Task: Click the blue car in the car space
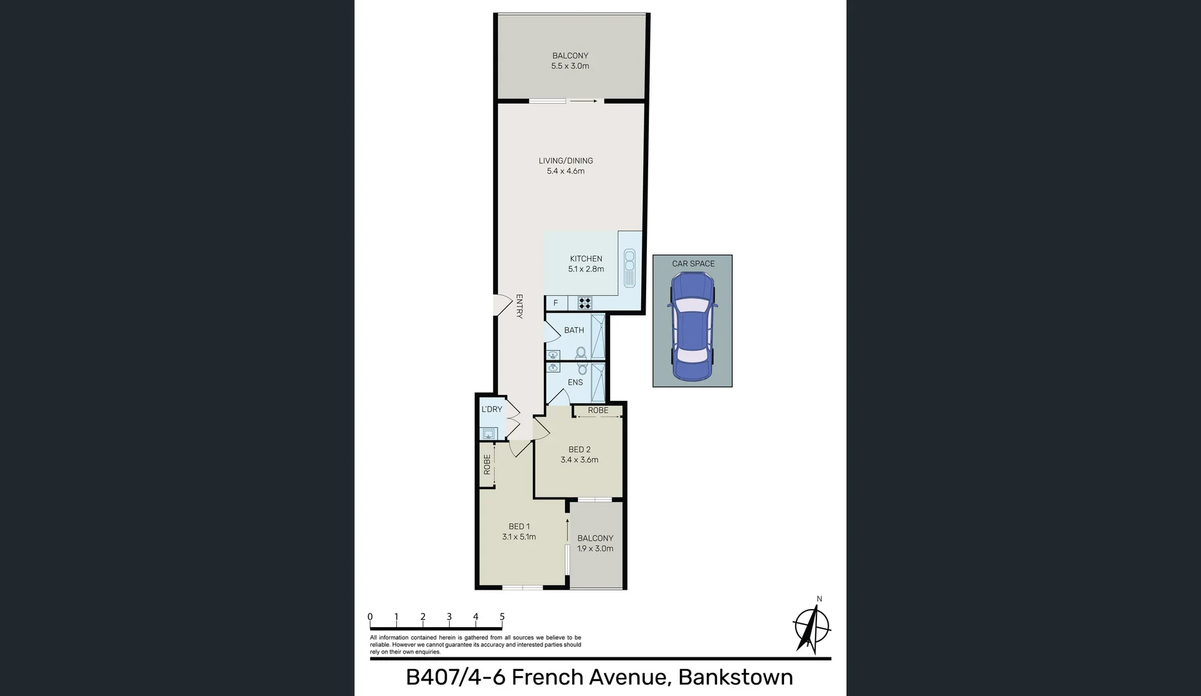[692, 326]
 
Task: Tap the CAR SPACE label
[693, 264]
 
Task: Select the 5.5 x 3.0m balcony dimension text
[570, 66]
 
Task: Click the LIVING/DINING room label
[566, 160]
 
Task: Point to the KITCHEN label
[586, 258]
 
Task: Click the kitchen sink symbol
[629, 268]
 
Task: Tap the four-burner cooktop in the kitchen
[584, 303]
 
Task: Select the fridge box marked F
[556, 303]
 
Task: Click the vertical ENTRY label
[519, 306]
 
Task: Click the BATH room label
[574, 330]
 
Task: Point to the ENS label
[575, 382]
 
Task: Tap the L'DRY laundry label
[492, 409]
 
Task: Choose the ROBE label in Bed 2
[598, 410]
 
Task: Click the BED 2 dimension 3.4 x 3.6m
[579, 459]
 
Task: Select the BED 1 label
[519, 527]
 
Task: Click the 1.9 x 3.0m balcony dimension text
[595, 548]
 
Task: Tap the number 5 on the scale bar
[502, 617]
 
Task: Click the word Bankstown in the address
[735, 677]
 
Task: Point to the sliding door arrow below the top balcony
[584, 101]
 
